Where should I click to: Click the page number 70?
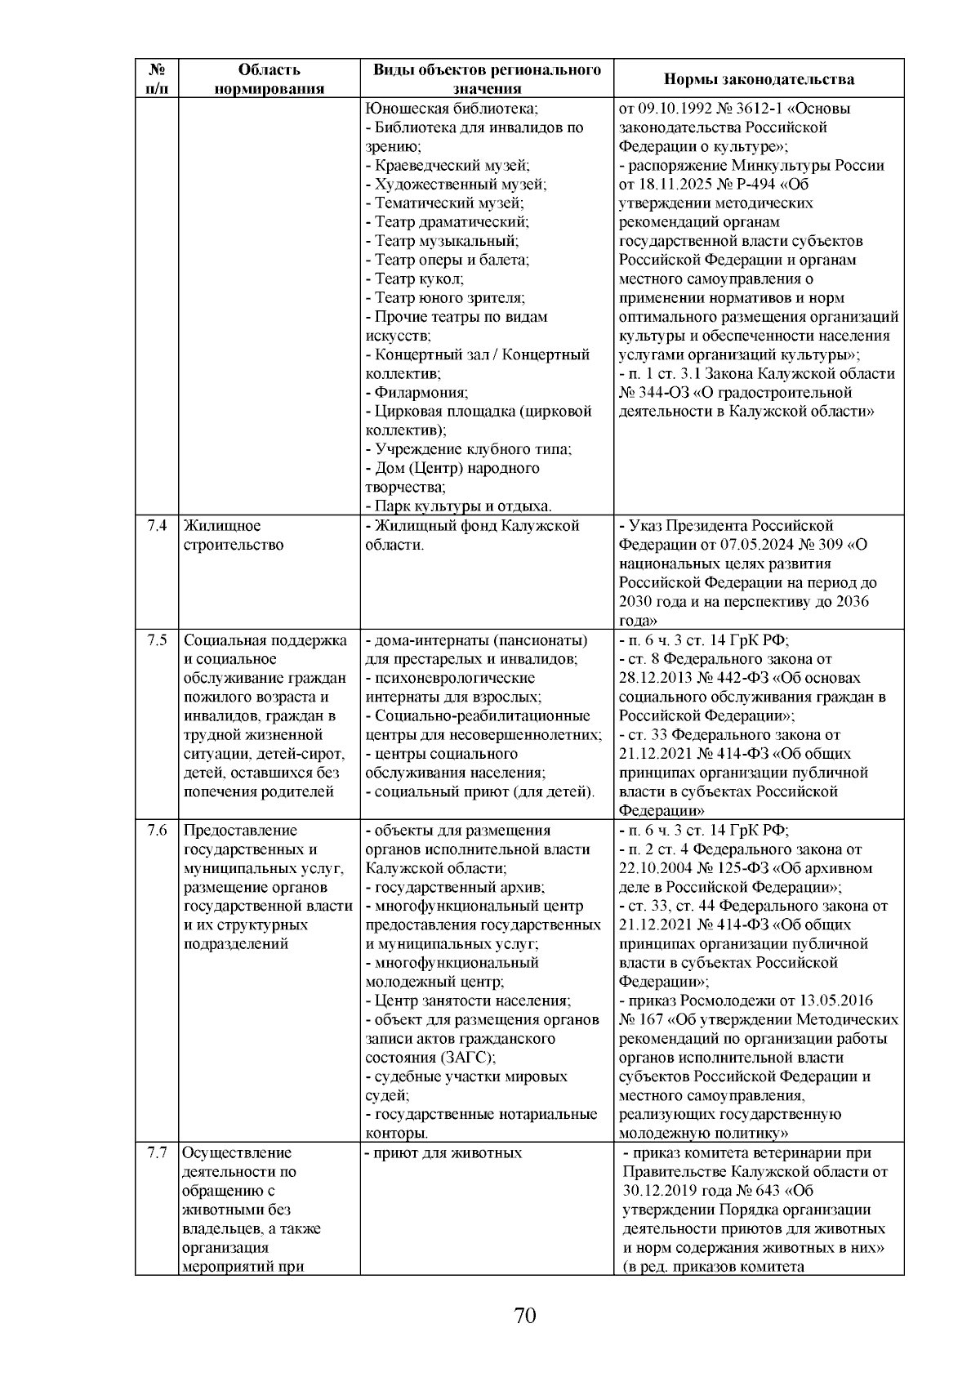(525, 1316)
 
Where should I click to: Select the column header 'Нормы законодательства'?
(759, 79)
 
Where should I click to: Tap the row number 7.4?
(158, 526)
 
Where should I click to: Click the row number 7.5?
(158, 640)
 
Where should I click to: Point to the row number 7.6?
(158, 831)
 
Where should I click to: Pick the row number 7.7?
(158, 1153)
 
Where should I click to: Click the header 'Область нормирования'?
(269, 79)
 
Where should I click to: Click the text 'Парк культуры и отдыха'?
(462, 506)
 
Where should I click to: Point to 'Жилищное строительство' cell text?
(234, 535)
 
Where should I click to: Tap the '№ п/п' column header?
(158, 79)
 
